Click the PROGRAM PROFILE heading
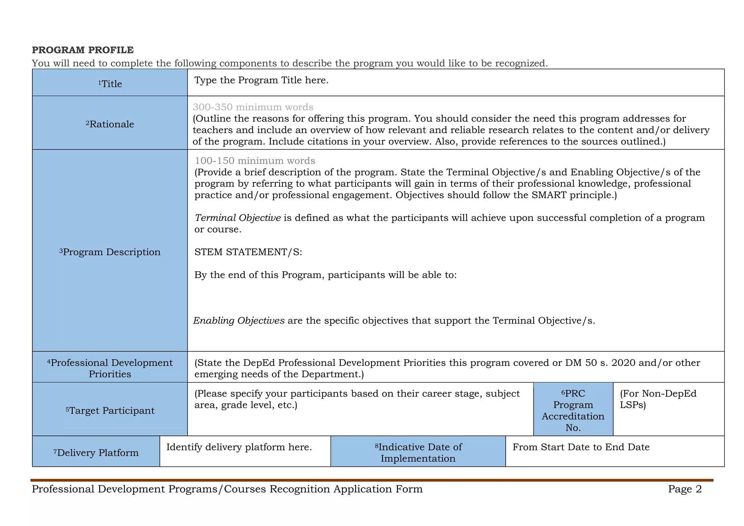[83, 50]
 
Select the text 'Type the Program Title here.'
[261, 80]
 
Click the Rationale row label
[110, 124]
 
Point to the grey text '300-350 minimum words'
[253, 107]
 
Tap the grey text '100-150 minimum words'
[255, 161]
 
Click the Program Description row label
[110, 252]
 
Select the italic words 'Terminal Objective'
[238, 218]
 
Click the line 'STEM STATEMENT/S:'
[248, 252]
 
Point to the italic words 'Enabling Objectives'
[239, 321]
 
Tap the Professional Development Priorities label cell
[110, 368]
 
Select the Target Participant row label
[110, 410]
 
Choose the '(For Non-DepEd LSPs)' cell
[658, 399]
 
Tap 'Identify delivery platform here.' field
[239, 447]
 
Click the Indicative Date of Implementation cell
[418, 453]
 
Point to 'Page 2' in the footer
[684, 489]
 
